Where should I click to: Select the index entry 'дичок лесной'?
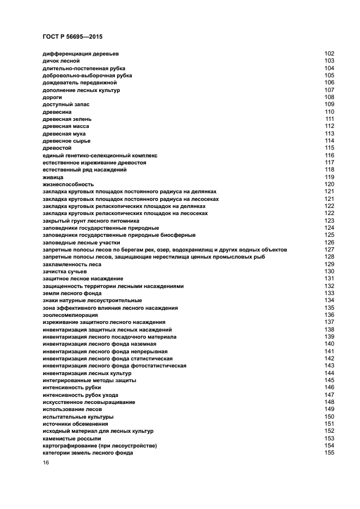(x=61, y=61)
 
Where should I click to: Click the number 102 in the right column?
(x=329, y=53)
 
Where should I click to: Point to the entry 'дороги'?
(x=52, y=97)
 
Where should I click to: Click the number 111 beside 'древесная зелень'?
(x=330, y=119)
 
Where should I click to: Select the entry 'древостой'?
(x=57, y=148)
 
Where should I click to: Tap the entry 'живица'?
(x=53, y=177)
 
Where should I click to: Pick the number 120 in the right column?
(x=329, y=185)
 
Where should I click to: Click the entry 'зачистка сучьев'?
(x=64, y=271)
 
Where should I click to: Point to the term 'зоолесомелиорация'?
(x=70, y=315)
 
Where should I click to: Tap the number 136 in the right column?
(x=329, y=315)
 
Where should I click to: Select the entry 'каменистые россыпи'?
(x=71, y=438)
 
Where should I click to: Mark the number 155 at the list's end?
(x=329, y=453)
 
